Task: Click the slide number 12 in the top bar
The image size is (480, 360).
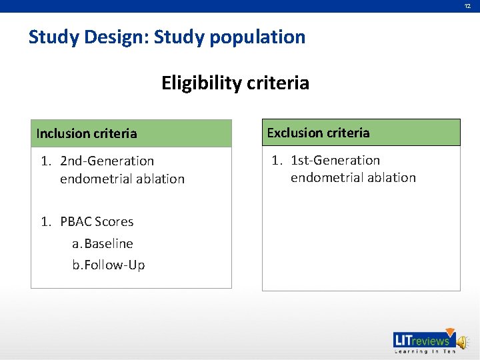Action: (468, 6)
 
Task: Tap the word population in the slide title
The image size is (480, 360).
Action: (257, 37)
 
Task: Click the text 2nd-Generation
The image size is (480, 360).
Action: (107, 161)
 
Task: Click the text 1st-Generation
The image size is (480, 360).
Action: (335, 160)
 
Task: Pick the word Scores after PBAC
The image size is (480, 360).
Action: (114, 221)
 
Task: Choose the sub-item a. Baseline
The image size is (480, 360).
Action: (103, 243)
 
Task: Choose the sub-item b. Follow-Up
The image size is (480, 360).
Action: (109, 265)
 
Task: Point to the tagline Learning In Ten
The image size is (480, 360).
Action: (425, 351)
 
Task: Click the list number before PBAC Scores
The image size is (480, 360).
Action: (45, 221)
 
